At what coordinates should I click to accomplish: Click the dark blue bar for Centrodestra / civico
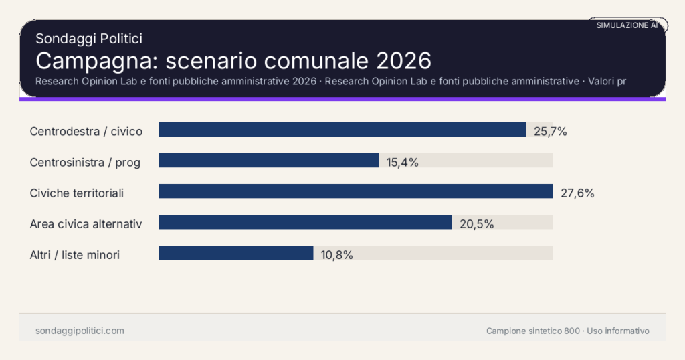pyautogui.click(x=342, y=129)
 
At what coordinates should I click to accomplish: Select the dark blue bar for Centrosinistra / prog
pyautogui.click(x=268, y=161)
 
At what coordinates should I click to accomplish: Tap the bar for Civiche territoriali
pyautogui.click(x=355, y=191)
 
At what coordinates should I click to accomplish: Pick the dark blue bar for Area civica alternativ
pyautogui.click(x=305, y=222)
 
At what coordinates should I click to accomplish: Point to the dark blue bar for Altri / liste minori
pyautogui.click(x=235, y=253)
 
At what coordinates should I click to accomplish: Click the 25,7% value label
pyautogui.click(x=551, y=131)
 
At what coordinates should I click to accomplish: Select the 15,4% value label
pyautogui.click(x=403, y=162)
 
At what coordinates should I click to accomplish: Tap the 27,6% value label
pyautogui.click(x=577, y=193)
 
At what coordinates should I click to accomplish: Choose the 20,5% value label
pyautogui.click(x=476, y=224)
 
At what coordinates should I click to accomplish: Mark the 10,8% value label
pyautogui.click(x=336, y=254)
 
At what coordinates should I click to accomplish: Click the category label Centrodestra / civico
pyautogui.click(x=86, y=131)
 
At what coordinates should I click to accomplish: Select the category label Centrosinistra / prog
pyautogui.click(x=85, y=162)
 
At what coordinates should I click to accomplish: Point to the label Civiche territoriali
pyautogui.click(x=77, y=193)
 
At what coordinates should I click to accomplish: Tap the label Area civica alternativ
pyautogui.click(x=86, y=224)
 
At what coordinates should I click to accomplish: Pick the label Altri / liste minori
pyautogui.click(x=75, y=255)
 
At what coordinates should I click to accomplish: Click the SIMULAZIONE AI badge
pyautogui.click(x=627, y=25)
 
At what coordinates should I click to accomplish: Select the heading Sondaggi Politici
pyautogui.click(x=89, y=39)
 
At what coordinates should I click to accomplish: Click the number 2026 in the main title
pyautogui.click(x=403, y=61)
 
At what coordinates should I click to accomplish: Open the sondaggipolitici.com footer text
pyautogui.click(x=80, y=331)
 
